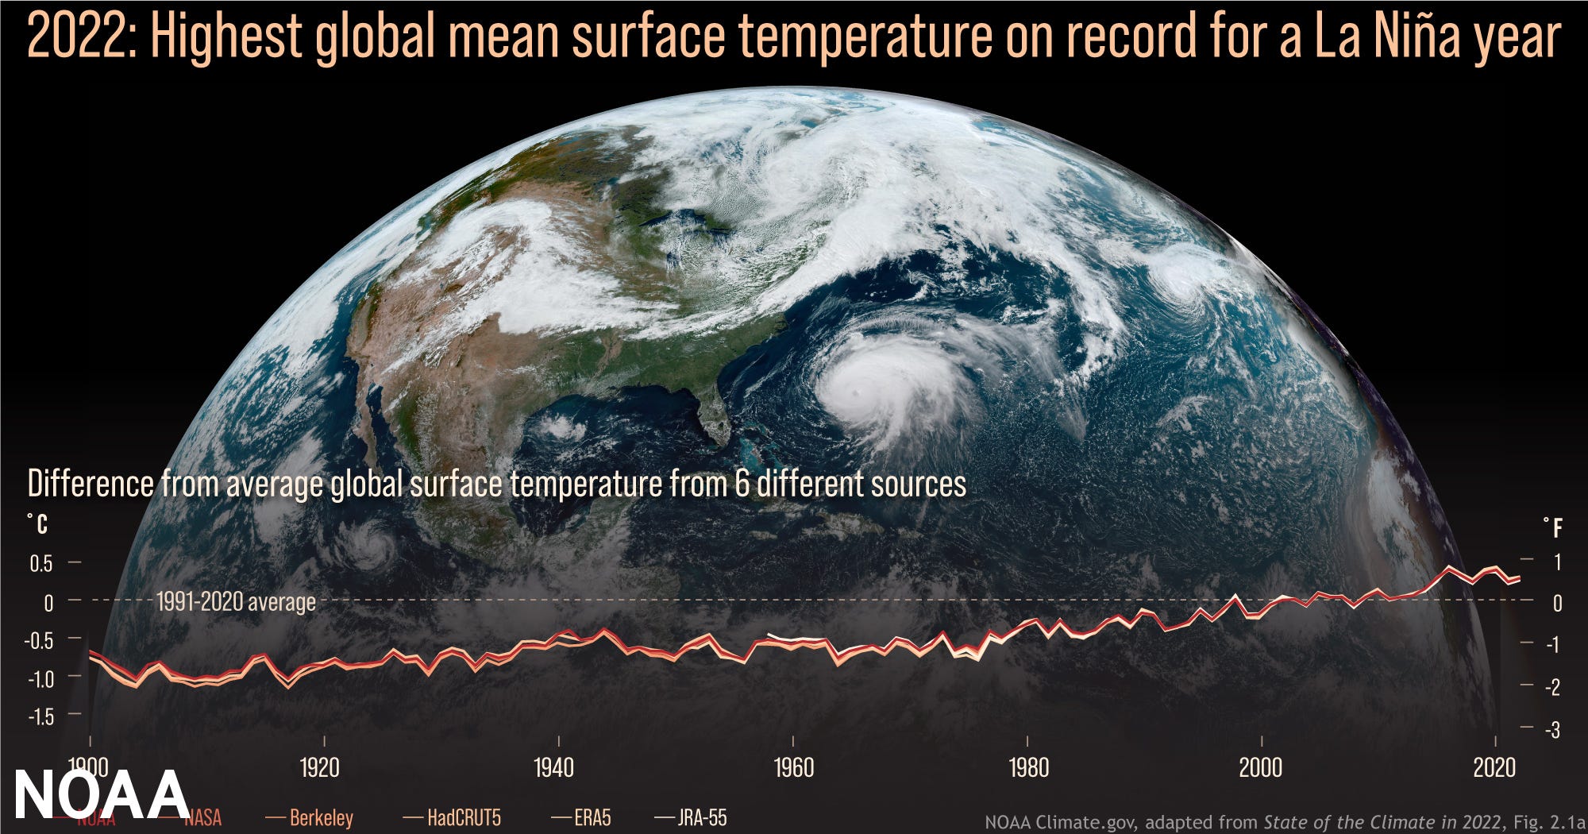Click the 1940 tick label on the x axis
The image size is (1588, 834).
coord(553,767)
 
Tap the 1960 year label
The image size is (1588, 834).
coord(793,767)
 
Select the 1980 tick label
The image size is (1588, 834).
coord(1028,767)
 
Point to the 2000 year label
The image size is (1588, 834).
coord(1261,767)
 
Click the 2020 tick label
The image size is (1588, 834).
coord(1494,767)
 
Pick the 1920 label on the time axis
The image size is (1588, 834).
coord(319,767)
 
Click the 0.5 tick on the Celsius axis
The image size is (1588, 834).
coord(41,564)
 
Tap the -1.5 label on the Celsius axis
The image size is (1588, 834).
coord(41,716)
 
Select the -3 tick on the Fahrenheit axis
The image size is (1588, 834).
coord(1552,729)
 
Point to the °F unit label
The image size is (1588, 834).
coord(1553,527)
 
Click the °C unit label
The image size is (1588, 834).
coord(37,524)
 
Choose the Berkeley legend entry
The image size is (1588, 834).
coord(321,817)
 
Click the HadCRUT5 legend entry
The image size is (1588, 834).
coord(464,817)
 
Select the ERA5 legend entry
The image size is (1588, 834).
coord(592,817)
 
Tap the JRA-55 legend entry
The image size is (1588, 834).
coord(702,817)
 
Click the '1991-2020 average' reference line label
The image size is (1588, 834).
coord(236,602)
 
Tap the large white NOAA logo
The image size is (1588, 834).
coord(101,794)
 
